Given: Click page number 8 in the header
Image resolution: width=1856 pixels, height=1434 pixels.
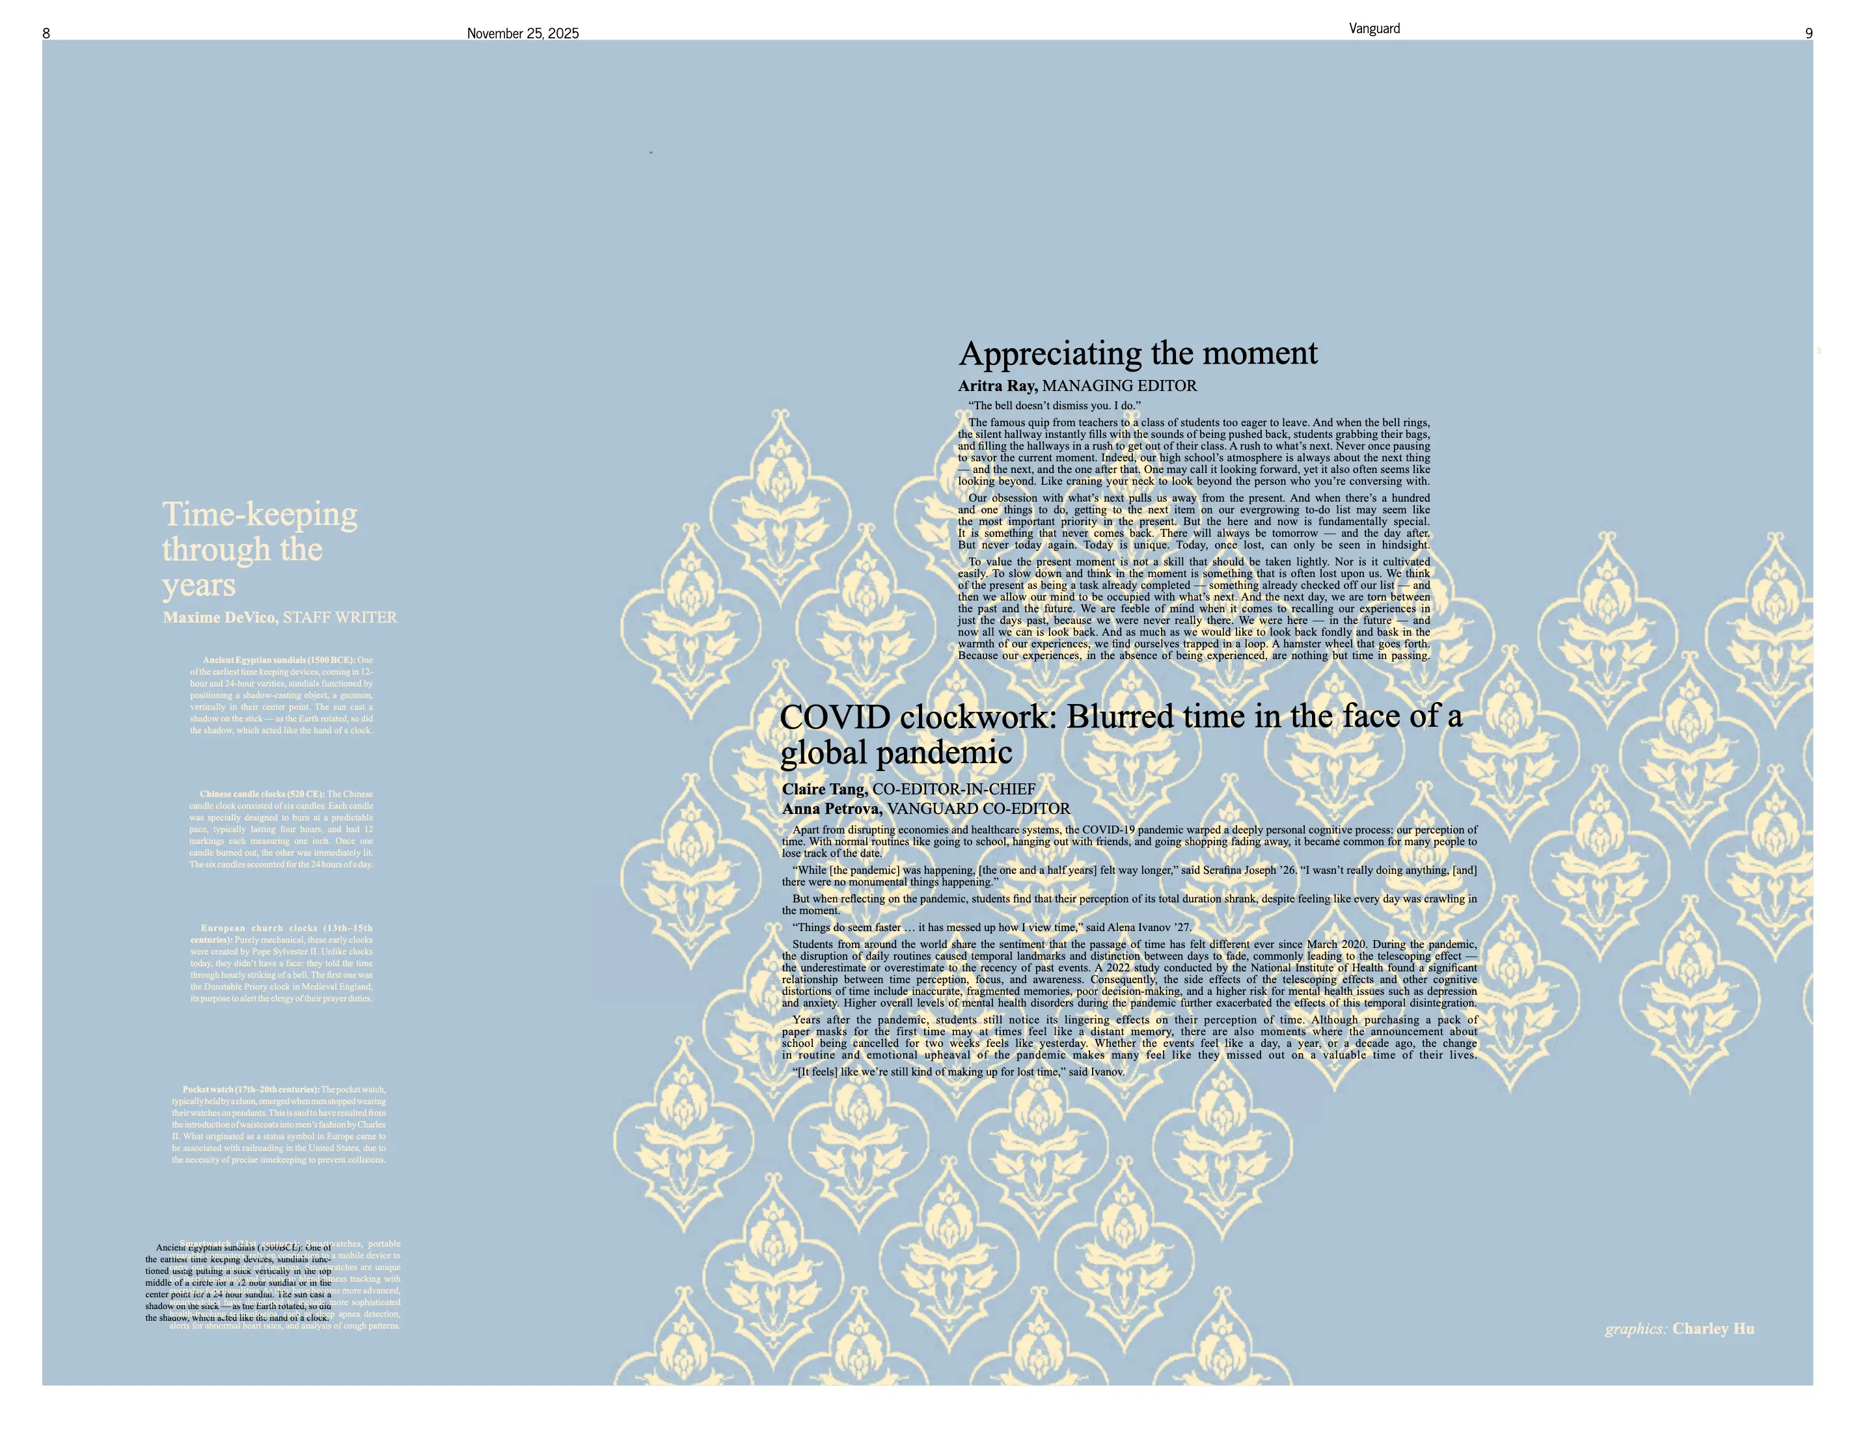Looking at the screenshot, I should coord(46,33).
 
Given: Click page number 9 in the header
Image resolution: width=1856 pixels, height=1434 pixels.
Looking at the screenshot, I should coord(1808,33).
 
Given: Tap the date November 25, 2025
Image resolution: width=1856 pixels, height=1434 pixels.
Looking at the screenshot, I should coord(523,33).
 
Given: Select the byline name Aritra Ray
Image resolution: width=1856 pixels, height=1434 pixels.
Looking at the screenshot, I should coord(998,386).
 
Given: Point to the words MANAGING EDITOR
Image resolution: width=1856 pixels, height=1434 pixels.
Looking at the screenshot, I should coord(1119,386).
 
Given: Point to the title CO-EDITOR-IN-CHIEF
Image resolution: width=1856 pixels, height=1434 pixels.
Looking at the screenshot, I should coord(953,789).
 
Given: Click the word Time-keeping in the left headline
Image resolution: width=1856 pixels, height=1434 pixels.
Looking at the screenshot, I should coord(259,514).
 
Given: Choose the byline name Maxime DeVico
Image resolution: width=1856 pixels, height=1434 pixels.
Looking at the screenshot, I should coord(220,617).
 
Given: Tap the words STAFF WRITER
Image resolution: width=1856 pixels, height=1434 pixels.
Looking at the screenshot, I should coord(340,617).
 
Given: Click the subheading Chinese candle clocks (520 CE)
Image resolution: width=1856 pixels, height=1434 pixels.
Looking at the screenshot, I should coord(262,794).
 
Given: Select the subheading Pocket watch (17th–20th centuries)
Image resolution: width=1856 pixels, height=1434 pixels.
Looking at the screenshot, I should coord(251,1089).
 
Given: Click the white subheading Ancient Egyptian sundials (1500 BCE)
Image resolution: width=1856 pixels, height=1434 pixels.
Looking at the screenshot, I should coord(279,660).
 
